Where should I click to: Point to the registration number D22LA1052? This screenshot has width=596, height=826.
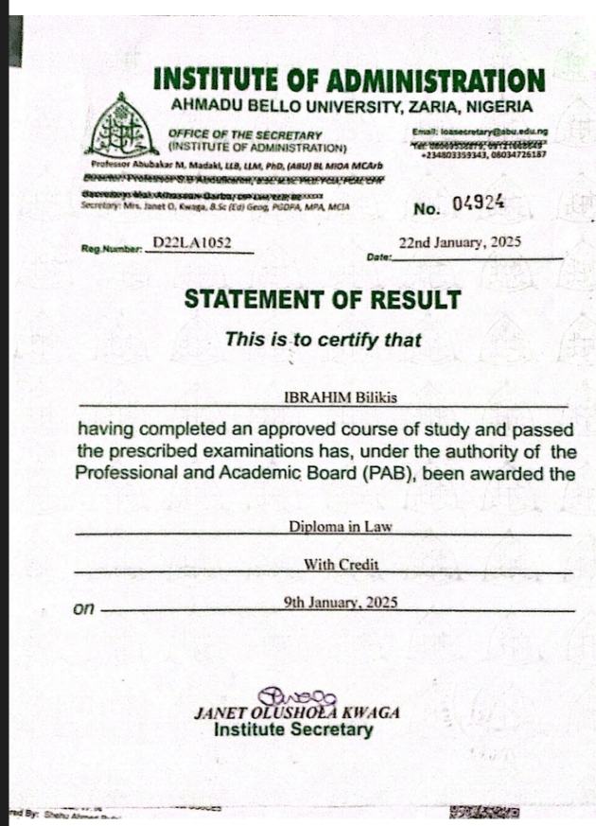(191, 243)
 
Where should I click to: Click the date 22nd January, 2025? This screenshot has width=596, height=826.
(460, 242)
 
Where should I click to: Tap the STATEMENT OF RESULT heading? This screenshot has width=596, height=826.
(323, 300)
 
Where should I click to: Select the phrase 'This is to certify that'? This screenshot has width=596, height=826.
(323, 341)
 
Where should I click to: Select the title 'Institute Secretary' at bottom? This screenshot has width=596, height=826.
(293, 730)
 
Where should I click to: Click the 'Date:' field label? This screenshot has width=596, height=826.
(377, 256)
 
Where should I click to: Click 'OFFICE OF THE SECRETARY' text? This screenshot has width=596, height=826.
(245, 135)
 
